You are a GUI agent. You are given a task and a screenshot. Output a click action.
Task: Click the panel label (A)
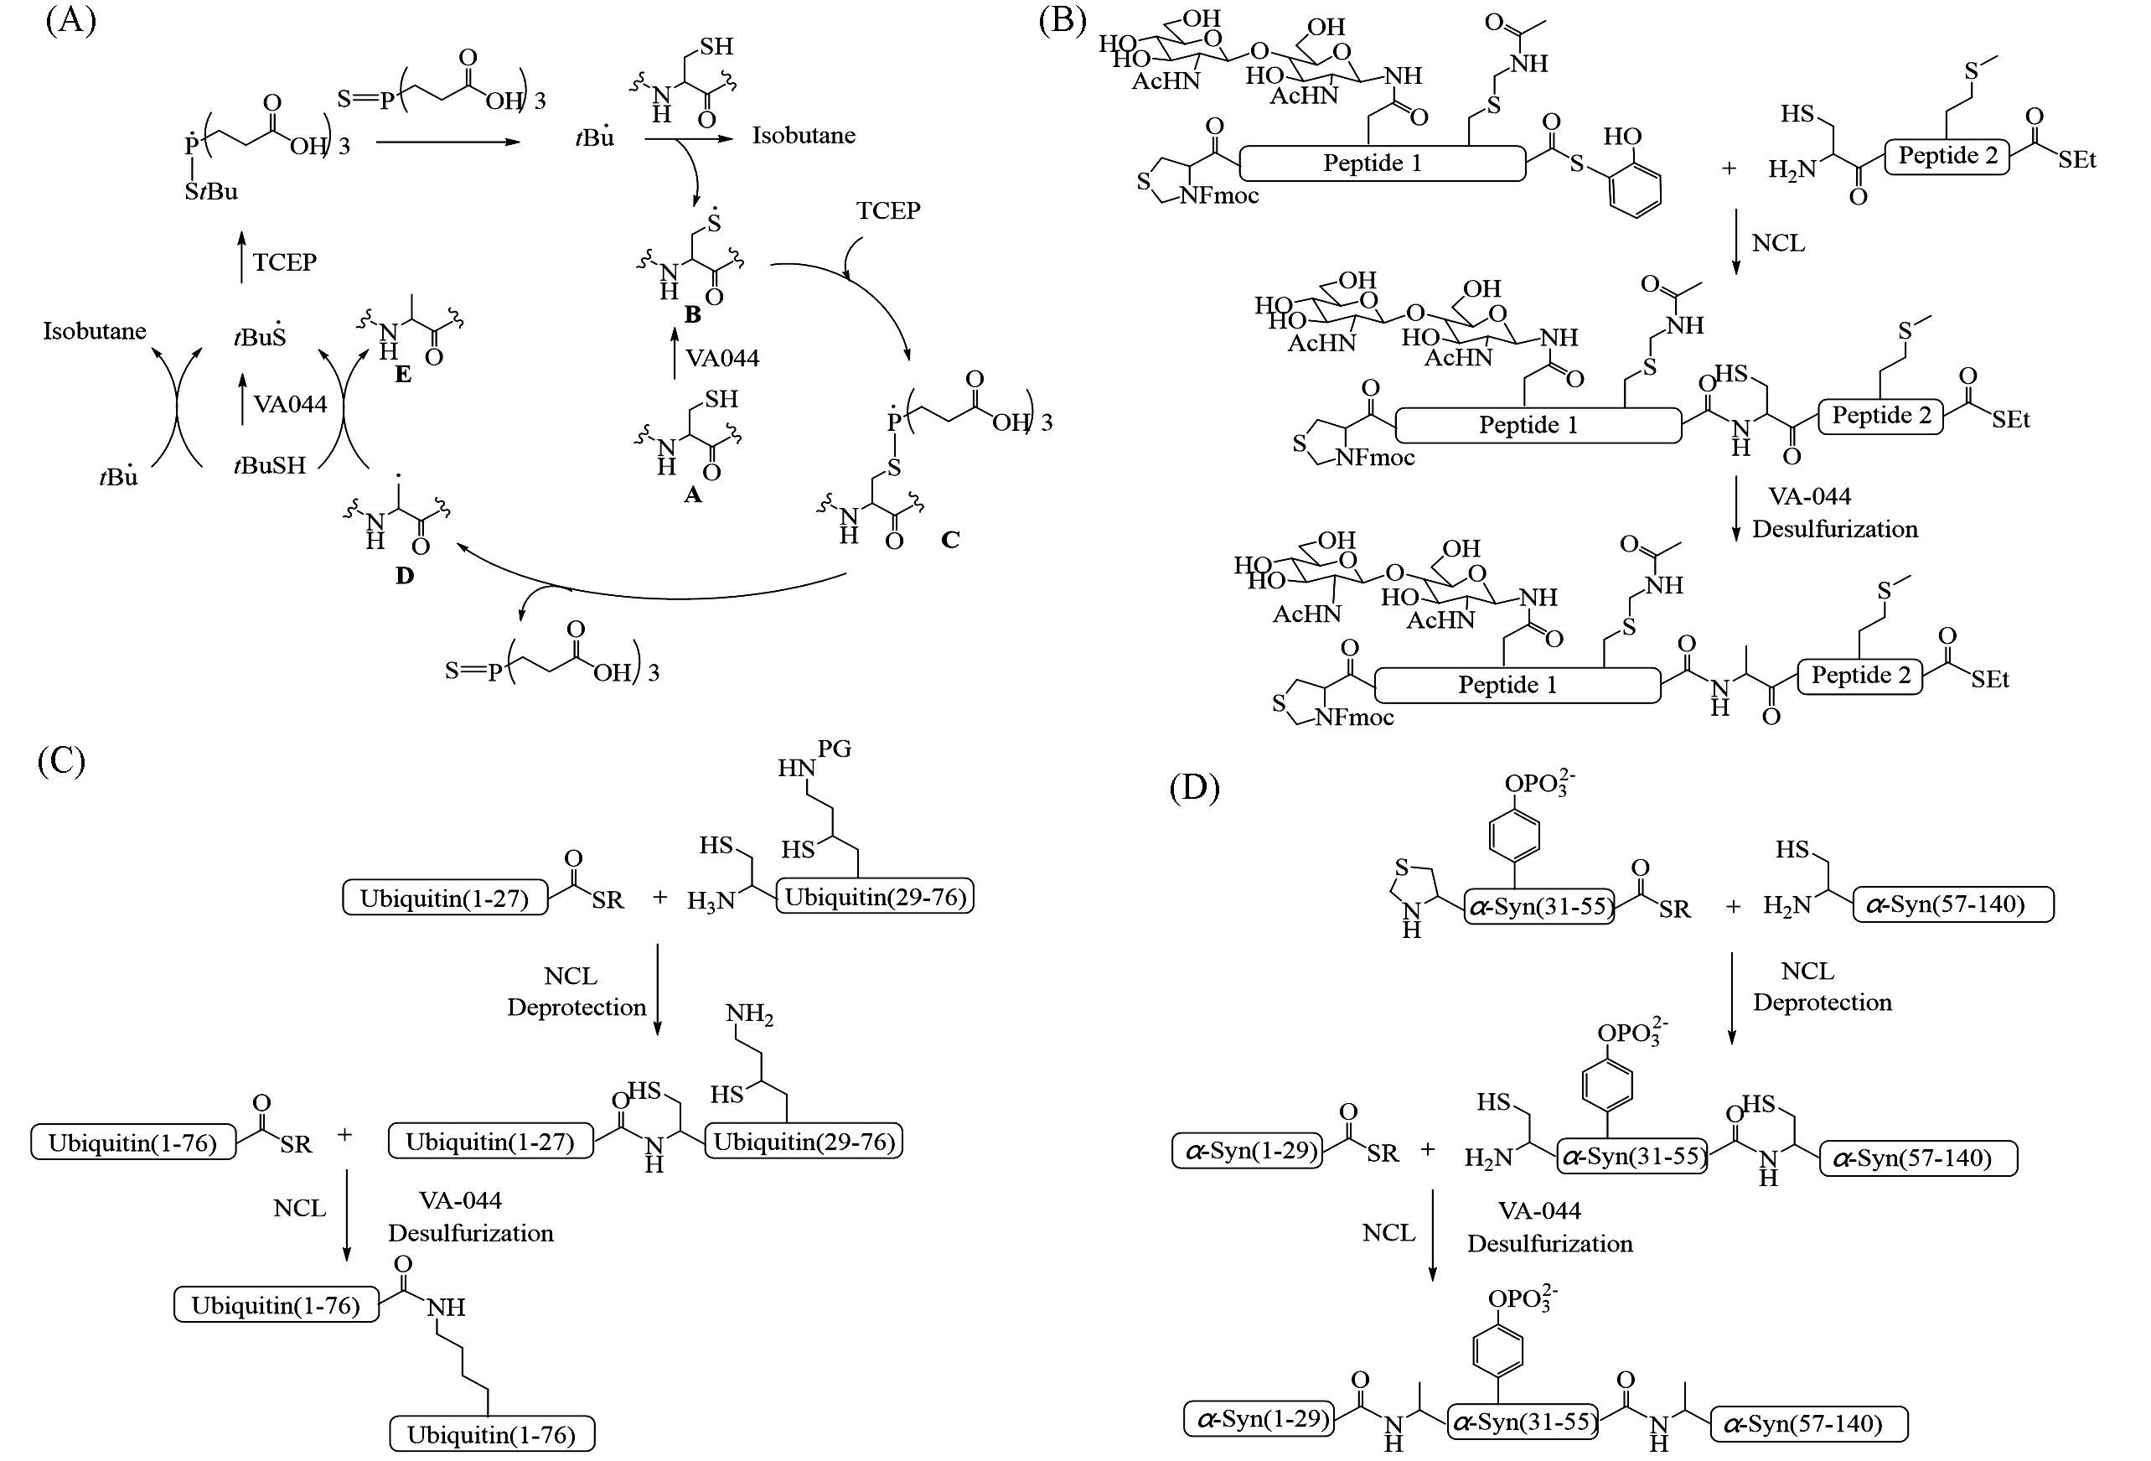coord(70,20)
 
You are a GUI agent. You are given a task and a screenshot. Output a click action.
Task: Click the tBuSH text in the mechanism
coord(269,464)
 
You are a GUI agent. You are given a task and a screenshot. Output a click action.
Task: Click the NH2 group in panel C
coord(750,1016)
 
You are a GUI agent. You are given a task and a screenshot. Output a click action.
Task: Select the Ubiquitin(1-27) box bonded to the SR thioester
coord(444,898)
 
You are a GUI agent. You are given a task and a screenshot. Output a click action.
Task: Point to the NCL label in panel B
coord(1778,243)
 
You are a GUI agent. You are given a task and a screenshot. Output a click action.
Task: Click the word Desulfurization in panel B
coord(1834,530)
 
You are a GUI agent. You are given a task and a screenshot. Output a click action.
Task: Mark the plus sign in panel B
coord(1728,168)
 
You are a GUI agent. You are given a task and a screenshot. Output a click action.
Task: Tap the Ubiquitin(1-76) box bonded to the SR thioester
coord(132,1142)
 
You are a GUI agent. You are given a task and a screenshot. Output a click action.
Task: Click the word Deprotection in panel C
coord(576,1008)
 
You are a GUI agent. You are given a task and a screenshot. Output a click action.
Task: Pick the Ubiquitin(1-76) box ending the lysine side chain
coord(492,1434)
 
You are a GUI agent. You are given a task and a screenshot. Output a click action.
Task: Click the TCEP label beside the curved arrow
coord(887,211)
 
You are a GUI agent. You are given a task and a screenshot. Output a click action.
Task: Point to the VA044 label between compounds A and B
coord(722,358)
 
